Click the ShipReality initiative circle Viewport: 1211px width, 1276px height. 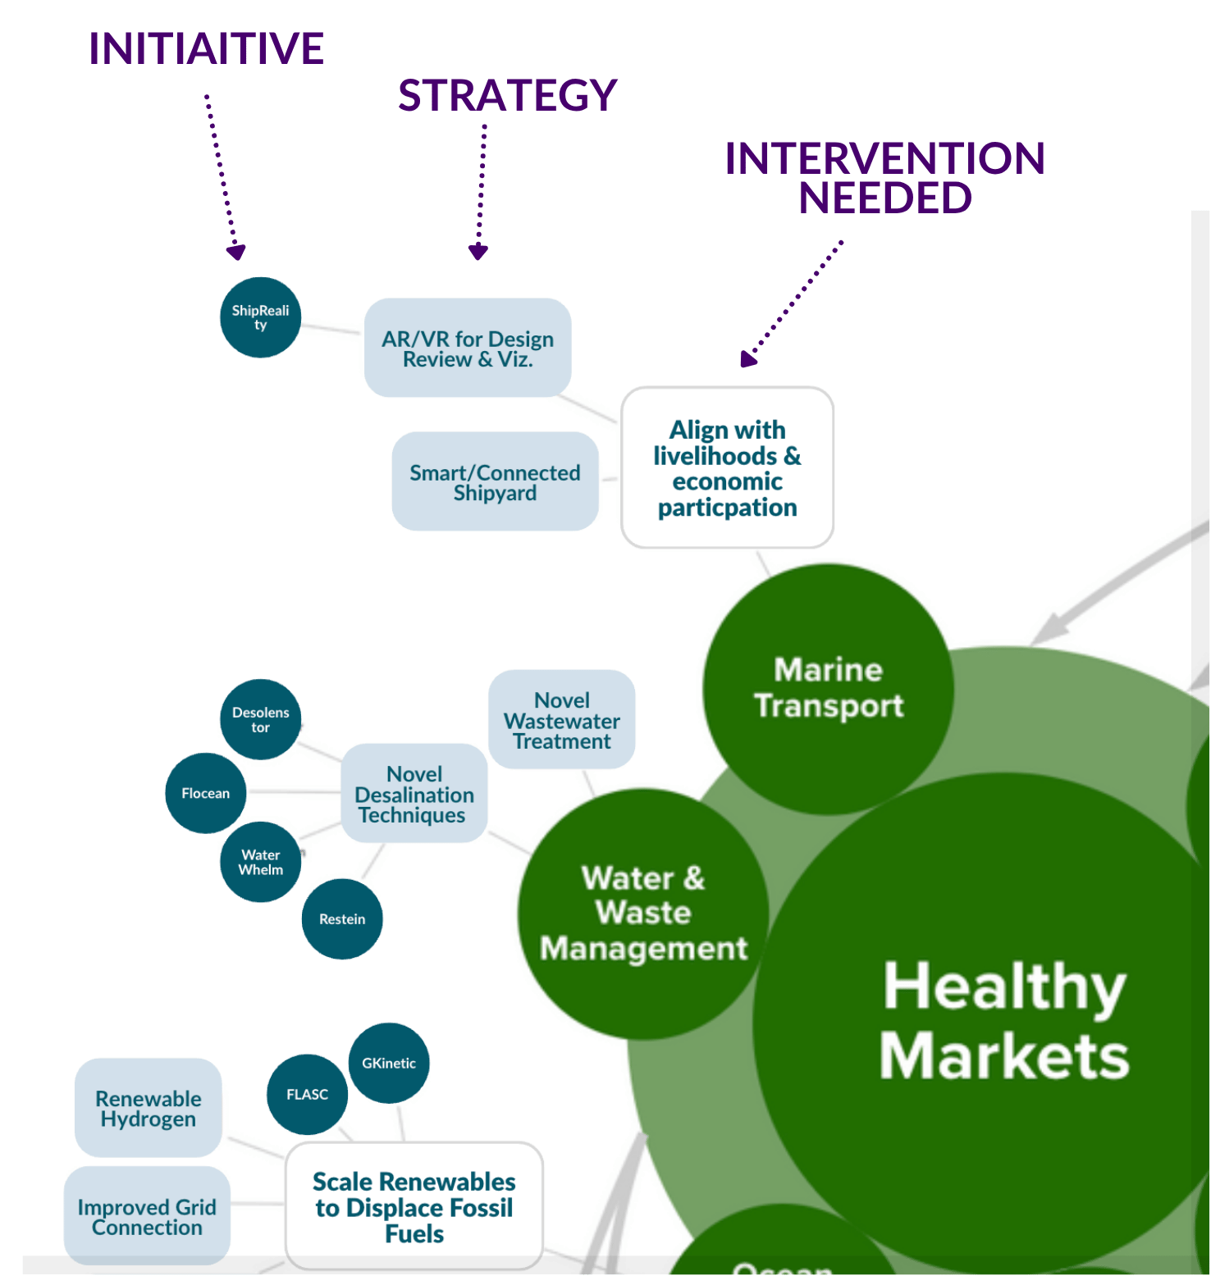[x=260, y=317]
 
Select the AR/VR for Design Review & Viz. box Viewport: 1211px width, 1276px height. [x=468, y=349]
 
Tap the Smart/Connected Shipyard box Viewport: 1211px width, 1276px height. [x=495, y=482]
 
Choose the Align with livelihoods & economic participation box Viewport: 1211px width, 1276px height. [x=727, y=467]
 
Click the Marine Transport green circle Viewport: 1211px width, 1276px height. [x=828, y=688]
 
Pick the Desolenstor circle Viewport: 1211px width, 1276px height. [x=260, y=719]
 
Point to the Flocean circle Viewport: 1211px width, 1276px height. [x=205, y=793]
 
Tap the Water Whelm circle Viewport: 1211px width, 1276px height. [x=260, y=862]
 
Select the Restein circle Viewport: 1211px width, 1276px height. [x=342, y=919]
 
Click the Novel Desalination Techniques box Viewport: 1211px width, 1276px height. [x=414, y=794]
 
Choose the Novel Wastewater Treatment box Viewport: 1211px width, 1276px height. [x=561, y=720]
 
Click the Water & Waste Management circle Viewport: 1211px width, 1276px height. [x=643, y=914]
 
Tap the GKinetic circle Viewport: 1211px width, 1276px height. [x=389, y=1063]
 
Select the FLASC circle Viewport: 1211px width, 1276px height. [x=307, y=1094]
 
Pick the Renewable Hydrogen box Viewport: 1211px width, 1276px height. [x=148, y=1108]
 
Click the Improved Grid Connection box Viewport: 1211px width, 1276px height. [x=147, y=1217]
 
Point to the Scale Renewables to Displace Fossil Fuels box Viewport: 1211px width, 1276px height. [x=414, y=1206]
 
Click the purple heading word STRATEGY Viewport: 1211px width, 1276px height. [x=507, y=95]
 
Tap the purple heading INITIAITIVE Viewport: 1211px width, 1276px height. [x=207, y=48]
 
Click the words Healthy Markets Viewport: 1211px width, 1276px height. [x=1003, y=1020]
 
